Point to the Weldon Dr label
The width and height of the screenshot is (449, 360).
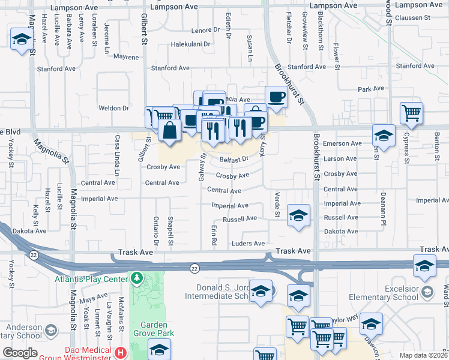coord(114,109)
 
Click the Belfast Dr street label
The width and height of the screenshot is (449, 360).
coord(234,160)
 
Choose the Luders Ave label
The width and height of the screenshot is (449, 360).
coord(249,244)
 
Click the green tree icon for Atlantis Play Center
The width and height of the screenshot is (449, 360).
coord(137,279)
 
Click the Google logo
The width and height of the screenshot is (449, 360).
coord(20,353)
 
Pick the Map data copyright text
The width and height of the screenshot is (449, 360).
coord(424,355)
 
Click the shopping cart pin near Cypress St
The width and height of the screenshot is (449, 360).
coord(411,113)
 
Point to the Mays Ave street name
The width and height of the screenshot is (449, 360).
coord(93,297)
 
